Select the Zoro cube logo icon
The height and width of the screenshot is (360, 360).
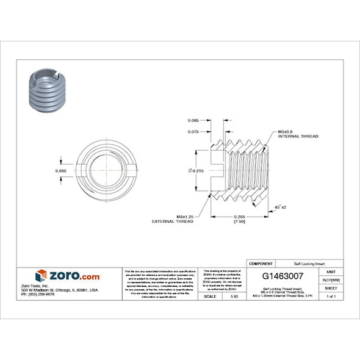coord(41,276)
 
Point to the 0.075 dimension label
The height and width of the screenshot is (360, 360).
coord(193,131)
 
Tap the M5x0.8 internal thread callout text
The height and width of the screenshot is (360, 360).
coord(298,134)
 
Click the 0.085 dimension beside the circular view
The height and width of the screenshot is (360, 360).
coord(60,170)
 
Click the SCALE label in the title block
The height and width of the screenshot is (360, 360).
coord(210,296)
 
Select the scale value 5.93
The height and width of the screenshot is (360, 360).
coord(234,296)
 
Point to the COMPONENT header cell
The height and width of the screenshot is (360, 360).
coord(261,262)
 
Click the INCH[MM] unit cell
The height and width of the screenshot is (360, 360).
coord(331,279)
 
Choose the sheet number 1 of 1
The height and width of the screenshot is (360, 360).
coord(331,296)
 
